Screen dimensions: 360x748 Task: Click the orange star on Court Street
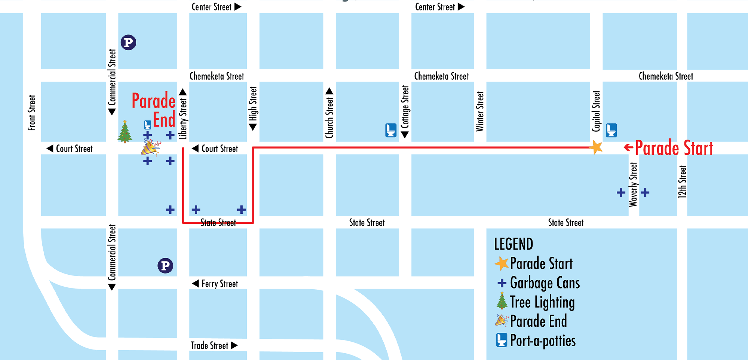coord(596,147)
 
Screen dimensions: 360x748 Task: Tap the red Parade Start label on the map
coord(674,148)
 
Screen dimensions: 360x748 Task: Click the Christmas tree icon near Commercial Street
coord(125,132)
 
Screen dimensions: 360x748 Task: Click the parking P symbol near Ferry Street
coord(165,266)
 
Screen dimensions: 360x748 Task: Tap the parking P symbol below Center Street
coord(128,42)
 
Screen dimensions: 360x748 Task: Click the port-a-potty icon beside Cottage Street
coord(391,130)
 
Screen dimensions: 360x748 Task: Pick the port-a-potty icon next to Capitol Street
coord(611,130)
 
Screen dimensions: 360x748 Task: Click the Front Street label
coord(32,113)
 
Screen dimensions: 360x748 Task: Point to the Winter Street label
coord(480,111)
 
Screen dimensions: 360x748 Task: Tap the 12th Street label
coord(682,181)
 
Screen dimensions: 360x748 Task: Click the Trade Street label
coord(209,345)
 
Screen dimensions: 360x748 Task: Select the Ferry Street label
coord(220,284)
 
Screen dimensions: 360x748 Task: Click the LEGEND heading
coord(514,244)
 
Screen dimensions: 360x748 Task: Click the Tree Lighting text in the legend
coord(542,302)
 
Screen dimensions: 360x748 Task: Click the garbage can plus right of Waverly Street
coord(645,193)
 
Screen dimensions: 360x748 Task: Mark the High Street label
coord(253,104)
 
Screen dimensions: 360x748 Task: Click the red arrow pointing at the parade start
coord(628,147)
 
